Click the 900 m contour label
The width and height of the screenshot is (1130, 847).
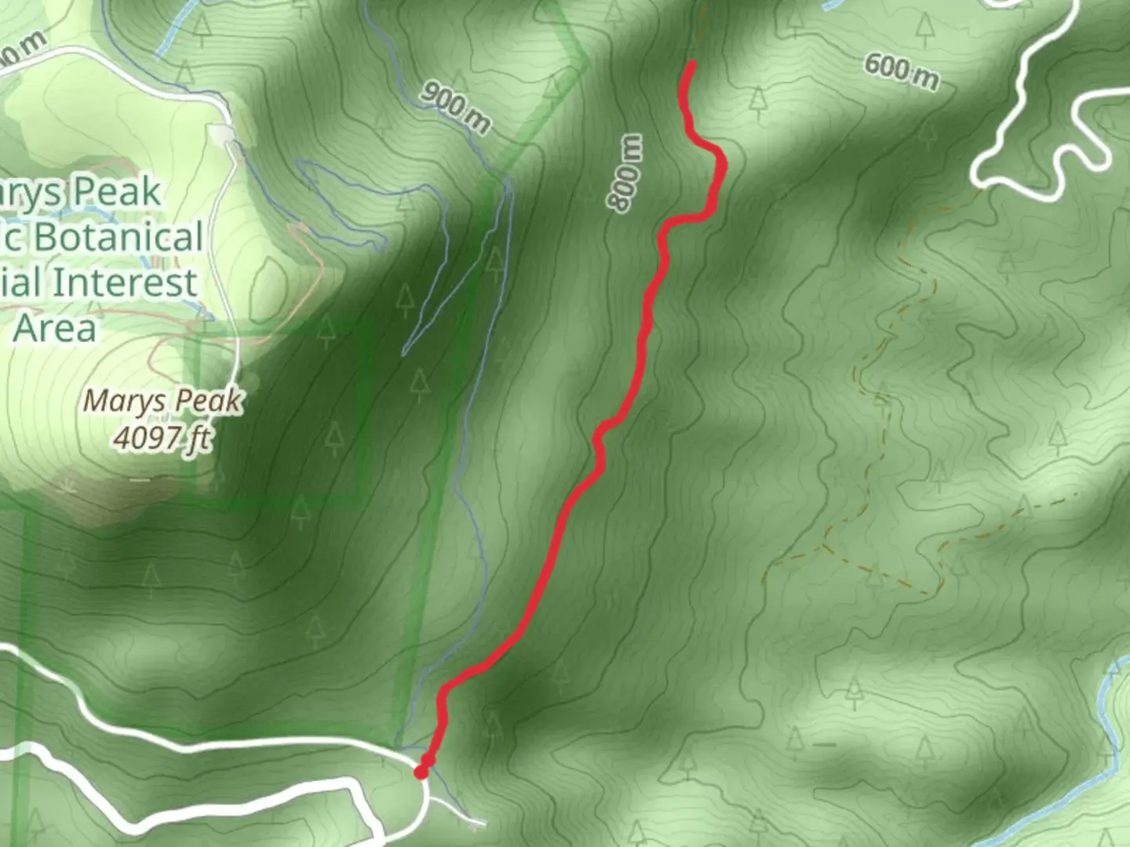[455, 106]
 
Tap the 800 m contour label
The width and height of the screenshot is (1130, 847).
[627, 173]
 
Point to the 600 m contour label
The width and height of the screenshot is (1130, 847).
[901, 71]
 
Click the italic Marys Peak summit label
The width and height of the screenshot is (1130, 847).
[162, 401]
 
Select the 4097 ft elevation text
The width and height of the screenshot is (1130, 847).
[162, 437]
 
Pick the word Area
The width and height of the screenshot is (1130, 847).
[55, 327]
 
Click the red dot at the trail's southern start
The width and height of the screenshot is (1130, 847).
[421, 772]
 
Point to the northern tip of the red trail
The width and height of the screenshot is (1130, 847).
[692, 64]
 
